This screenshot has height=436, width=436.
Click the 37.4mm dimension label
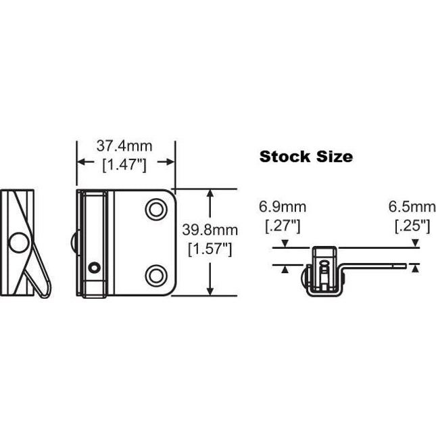click(124, 145)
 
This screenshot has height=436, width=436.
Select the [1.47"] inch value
click(124, 163)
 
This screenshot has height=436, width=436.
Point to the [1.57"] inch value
click(208, 249)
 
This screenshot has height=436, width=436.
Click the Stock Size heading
click(306, 157)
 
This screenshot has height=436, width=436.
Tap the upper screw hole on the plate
click(157, 210)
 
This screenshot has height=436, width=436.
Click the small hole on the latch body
click(95, 268)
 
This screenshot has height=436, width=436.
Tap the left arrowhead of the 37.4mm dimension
click(79, 163)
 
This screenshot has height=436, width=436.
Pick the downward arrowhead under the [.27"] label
click(286, 244)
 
